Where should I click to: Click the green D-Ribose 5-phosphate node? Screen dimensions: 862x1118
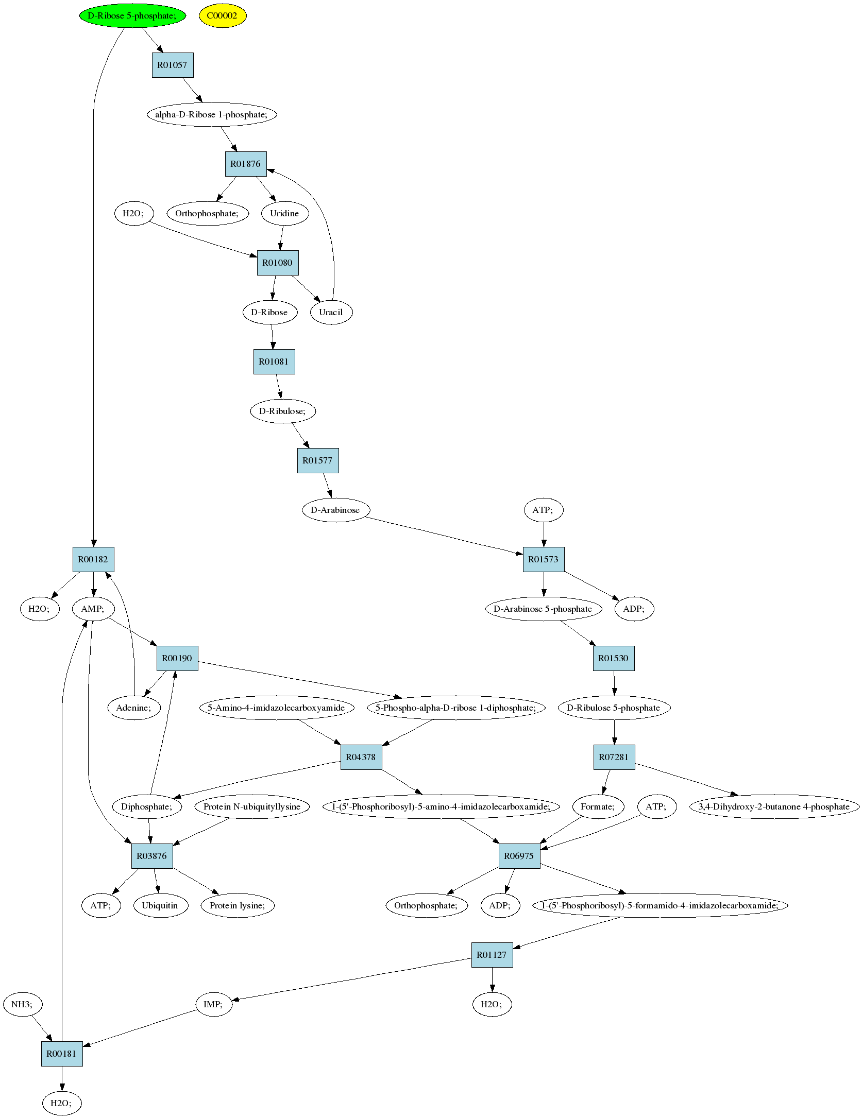pyautogui.click(x=132, y=15)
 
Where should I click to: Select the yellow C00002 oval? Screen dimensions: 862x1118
pyautogui.click(x=223, y=15)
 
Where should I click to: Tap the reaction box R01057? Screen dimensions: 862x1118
pyautogui.click(x=173, y=65)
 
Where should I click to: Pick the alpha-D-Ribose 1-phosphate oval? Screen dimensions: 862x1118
pyautogui.click(x=212, y=114)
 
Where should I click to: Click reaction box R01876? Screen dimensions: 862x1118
pyautogui.click(x=246, y=164)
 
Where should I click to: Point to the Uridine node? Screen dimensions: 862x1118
pyautogui.click(x=285, y=213)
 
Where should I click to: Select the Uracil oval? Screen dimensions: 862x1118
pyautogui.click(x=331, y=312)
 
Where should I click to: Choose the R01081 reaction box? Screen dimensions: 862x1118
pyautogui.click(x=274, y=362)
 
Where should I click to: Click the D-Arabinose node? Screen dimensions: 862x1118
pyautogui.click(x=335, y=510)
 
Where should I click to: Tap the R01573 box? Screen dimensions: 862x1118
pyautogui.click(x=544, y=559)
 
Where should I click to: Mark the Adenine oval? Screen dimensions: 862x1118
pyautogui.click(x=134, y=708)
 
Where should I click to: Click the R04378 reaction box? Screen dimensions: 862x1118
pyautogui.click(x=361, y=757)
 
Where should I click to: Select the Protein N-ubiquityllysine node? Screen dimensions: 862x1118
pyautogui.click(x=252, y=806)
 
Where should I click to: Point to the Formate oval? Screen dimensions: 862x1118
pyautogui.click(x=598, y=806)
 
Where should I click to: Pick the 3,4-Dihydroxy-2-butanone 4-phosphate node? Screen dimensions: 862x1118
pyautogui.click(x=774, y=806)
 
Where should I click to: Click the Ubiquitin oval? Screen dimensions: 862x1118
pyautogui.click(x=160, y=905)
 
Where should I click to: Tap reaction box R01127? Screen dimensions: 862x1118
pyautogui.click(x=492, y=955)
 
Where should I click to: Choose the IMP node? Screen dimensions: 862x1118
pyautogui.click(x=213, y=1004)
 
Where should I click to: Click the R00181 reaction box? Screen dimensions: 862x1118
pyautogui.click(x=62, y=1054)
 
